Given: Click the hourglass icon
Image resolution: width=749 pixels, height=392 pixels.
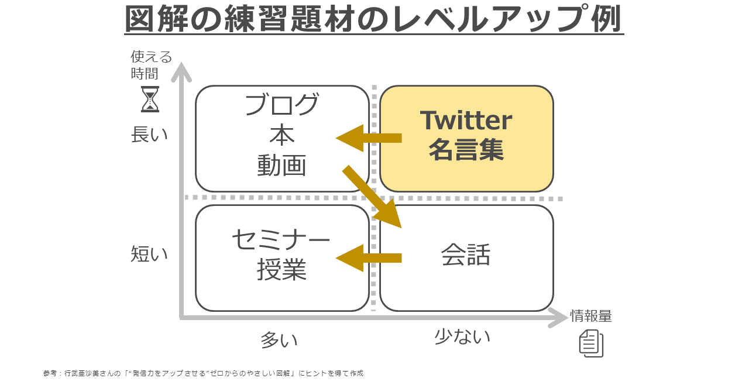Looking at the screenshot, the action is click(x=150, y=99).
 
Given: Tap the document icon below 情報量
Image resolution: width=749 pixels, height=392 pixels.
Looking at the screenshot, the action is click(x=591, y=343).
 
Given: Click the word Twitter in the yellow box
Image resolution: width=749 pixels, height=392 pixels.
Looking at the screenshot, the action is click(x=466, y=120).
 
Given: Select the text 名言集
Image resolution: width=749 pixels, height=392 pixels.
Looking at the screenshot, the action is click(x=466, y=150).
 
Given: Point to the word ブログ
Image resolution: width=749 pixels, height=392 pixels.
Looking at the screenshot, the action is click(x=282, y=104).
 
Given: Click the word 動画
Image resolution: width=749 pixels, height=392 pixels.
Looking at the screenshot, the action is click(x=281, y=165).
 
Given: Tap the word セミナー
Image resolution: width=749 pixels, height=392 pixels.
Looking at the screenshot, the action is click(x=281, y=239).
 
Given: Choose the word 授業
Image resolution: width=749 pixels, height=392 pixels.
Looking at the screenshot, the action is click(x=281, y=269).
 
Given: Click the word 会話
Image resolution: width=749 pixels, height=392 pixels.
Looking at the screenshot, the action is click(x=466, y=255).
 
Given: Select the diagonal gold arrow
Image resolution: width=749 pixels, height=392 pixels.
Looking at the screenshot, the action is click(x=372, y=197).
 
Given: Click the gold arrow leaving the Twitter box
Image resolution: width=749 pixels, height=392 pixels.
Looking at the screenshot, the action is click(x=369, y=138).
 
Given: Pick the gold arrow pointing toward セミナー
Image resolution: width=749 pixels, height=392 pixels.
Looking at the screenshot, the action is click(x=369, y=258).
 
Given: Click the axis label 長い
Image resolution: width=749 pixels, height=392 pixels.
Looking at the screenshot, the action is click(x=149, y=135).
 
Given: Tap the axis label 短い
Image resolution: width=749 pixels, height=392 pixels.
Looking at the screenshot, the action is click(x=149, y=253).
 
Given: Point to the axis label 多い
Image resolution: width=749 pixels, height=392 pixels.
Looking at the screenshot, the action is click(x=279, y=340).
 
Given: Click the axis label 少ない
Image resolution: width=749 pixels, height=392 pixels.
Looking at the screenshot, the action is click(x=462, y=336).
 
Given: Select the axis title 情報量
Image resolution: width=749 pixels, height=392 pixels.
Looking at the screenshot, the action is click(x=591, y=316).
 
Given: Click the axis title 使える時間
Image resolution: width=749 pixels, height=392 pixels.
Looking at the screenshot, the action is click(x=151, y=65).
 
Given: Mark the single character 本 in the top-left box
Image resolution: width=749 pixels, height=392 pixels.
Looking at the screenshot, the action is click(x=282, y=135).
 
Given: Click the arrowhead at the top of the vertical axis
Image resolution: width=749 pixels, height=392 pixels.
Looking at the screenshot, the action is click(x=181, y=71).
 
